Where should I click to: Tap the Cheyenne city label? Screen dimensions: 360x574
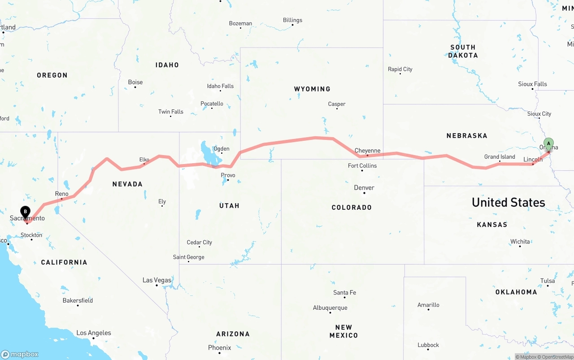(367, 151)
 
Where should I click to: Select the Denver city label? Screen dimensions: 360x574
(364, 188)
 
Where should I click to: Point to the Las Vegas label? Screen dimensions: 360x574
(157, 280)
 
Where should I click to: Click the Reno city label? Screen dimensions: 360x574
(62, 194)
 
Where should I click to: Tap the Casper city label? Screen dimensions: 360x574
(336, 104)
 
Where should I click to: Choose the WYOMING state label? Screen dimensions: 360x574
(312, 89)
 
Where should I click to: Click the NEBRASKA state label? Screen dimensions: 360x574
(466, 135)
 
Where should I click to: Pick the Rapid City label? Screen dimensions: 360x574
(400, 69)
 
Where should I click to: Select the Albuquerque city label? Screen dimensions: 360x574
(330, 308)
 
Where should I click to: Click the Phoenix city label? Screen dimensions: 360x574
(219, 347)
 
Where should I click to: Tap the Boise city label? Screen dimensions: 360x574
(135, 82)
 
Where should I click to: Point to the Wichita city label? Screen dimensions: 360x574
(520, 242)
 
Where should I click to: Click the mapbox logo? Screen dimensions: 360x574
(20, 354)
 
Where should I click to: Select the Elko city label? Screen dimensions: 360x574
(144, 160)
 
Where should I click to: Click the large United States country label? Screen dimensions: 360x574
(508, 202)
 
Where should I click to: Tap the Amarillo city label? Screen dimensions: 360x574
(428, 305)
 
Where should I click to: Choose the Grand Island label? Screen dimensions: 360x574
(500, 157)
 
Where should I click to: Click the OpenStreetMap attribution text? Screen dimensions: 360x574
(557, 357)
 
